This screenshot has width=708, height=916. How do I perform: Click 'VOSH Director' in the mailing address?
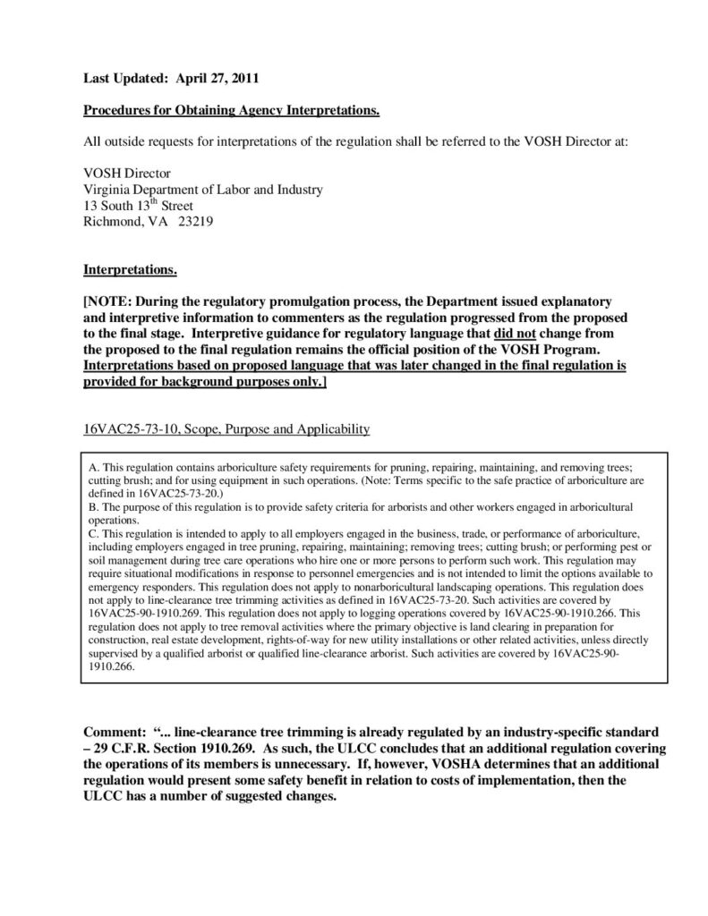point(126,173)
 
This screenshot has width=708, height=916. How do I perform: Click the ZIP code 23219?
point(193,221)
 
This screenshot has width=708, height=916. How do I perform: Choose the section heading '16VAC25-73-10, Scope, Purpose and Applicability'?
point(226,429)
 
